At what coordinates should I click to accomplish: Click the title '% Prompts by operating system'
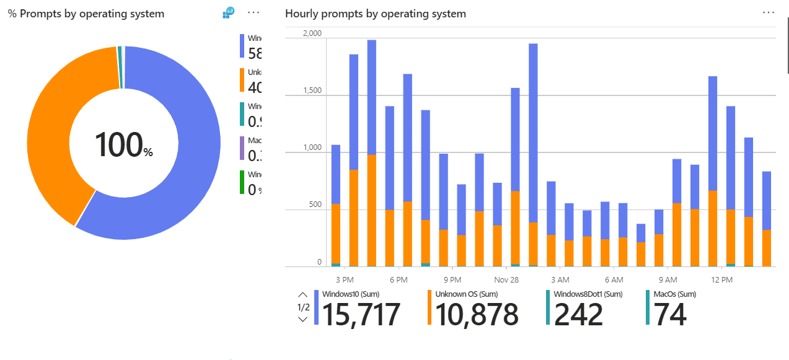pos(86,14)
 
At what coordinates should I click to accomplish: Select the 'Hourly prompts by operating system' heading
pos(376,14)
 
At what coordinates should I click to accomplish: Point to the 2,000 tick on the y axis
pos(312,33)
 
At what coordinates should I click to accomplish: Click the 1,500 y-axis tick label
pos(312,91)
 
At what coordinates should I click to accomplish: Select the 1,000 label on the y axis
pos(312,148)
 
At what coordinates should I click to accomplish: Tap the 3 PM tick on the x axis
pos(344,280)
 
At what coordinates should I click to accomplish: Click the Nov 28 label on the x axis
pos(506,280)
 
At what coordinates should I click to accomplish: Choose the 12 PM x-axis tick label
pos(722,280)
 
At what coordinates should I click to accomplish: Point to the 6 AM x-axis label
pos(614,280)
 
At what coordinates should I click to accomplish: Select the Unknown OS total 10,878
pos(477,315)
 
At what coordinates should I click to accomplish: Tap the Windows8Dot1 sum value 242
pos(578,315)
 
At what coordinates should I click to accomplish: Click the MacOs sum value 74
pos(670,315)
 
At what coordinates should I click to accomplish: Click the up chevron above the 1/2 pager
pos(302,295)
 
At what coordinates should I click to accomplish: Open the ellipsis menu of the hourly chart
pos(769,12)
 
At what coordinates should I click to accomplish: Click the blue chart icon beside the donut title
pos(229,12)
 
